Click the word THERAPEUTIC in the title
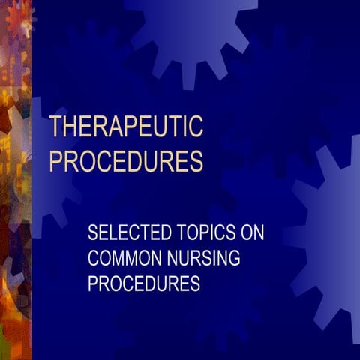[126, 127]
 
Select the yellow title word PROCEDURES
[126, 162]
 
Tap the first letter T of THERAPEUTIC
[55, 127]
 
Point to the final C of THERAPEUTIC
[196, 127]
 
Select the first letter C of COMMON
[94, 259]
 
